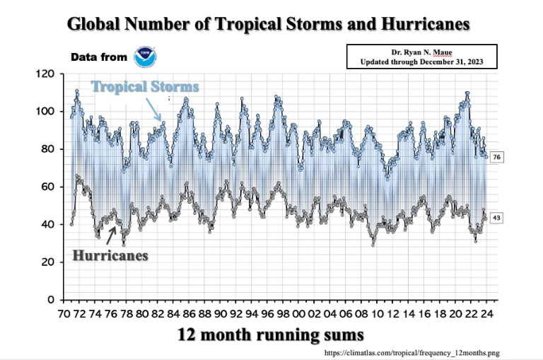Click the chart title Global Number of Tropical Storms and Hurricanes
[269, 24]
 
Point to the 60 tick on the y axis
[48, 187]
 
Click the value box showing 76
[496, 156]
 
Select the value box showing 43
[496, 218]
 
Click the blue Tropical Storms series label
[144, 86]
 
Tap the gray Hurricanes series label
[110, 255]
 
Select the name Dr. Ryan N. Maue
[421, 52]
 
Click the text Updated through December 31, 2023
[421, 62]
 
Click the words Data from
[98, 57]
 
